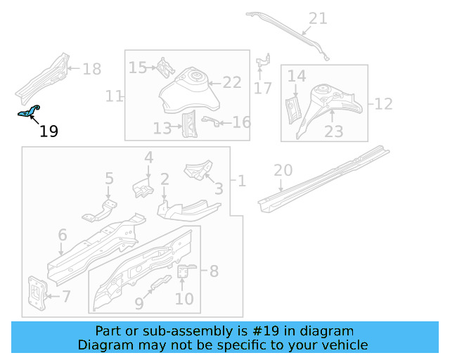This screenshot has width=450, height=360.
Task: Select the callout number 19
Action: tap(49, 131)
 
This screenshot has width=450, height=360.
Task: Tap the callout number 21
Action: tap(318, 18)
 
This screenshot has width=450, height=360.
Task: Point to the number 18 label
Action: tap(92, 69)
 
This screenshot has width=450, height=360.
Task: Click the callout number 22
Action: tap(232, 82)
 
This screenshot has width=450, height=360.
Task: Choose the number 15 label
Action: tap(138, 67)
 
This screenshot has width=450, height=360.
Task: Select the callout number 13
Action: tap(162, 127)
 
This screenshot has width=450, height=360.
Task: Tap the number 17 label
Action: tap(262, 88)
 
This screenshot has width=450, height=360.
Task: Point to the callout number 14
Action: tap(297, 76)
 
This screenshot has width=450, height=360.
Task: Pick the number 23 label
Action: tap(333, 131)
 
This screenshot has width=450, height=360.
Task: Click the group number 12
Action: tap(383, 104)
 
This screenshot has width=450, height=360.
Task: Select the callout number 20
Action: tap(283, 170)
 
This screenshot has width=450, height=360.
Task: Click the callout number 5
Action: tap(109, 179)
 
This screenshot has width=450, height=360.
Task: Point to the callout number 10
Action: tap(184, 299)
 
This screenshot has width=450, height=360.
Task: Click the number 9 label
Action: tap(139, 303)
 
